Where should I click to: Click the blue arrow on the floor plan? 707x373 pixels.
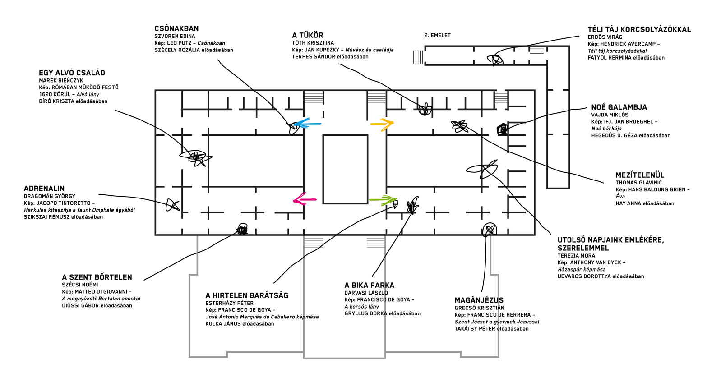308,124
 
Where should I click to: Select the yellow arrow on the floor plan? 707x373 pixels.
382,124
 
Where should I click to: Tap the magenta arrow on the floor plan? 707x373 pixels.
305,199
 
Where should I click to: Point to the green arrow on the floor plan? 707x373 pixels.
383,200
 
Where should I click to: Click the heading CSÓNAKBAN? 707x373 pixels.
176,28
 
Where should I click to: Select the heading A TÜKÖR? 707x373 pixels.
308,35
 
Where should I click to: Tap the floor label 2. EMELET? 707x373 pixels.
438,35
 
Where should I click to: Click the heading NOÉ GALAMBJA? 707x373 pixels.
619,107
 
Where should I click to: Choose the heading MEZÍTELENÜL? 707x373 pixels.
640,175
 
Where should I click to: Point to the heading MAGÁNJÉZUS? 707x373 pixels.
479,300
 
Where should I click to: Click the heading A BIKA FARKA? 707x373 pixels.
369,285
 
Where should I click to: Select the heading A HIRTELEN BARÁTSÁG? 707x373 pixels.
247,295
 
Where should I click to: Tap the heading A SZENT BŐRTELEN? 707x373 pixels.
97,277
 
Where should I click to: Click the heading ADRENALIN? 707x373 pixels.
44,189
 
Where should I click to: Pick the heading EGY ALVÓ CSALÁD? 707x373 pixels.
72,73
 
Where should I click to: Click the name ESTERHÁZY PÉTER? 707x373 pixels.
230,303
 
